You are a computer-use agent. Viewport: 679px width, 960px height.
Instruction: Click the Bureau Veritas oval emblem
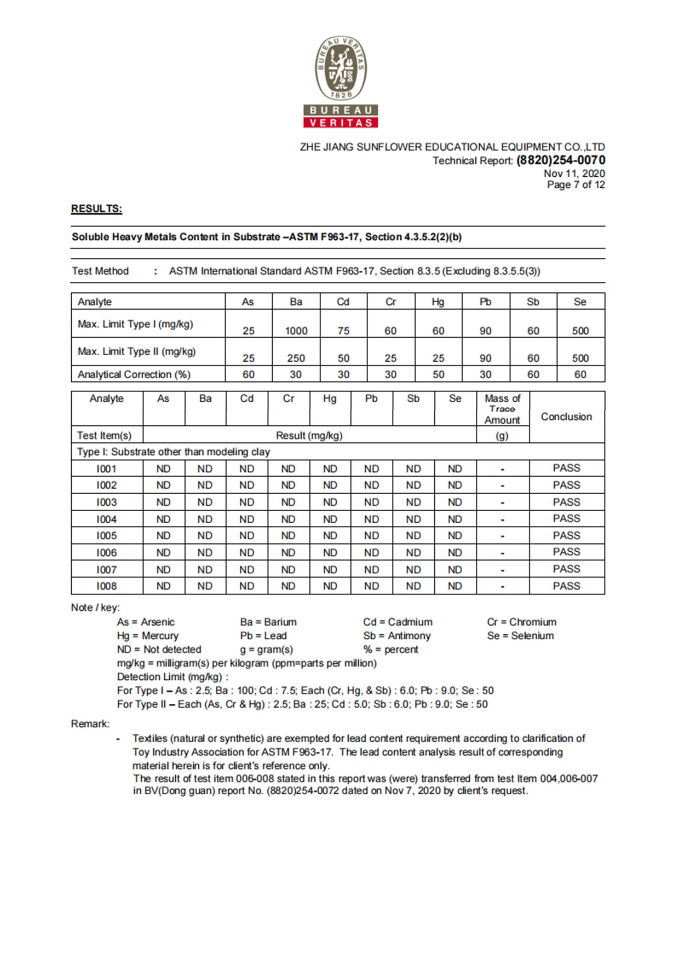341,68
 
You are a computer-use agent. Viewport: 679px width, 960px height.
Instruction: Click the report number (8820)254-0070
561,160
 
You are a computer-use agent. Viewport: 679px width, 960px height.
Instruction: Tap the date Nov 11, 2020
574,174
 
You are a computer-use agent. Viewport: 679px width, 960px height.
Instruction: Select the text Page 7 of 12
576,185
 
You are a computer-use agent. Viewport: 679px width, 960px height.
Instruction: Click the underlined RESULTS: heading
96,209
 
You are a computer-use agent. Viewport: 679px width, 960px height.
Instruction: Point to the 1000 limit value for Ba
296,331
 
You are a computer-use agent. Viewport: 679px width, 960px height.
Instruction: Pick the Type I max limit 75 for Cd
343,331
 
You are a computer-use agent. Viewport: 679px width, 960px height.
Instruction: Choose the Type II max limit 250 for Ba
296,358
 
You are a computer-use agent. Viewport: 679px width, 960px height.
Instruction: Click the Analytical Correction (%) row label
134,374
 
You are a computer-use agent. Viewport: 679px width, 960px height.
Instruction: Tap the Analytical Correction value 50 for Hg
438,374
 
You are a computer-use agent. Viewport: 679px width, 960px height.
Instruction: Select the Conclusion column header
566,417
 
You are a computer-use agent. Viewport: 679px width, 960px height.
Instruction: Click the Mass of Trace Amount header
502,409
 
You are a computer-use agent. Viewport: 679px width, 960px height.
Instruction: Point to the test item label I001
106,469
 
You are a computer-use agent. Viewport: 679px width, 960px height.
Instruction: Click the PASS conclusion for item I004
566,519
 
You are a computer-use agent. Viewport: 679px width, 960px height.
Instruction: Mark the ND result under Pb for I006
371,553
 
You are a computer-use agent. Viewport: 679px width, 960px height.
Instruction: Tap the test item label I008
106,586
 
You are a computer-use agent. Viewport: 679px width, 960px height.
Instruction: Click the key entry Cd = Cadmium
398,622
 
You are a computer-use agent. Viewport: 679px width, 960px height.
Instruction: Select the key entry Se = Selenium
520,635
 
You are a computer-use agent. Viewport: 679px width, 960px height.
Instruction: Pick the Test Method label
100,271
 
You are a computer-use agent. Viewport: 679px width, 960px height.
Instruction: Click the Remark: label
90,724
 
